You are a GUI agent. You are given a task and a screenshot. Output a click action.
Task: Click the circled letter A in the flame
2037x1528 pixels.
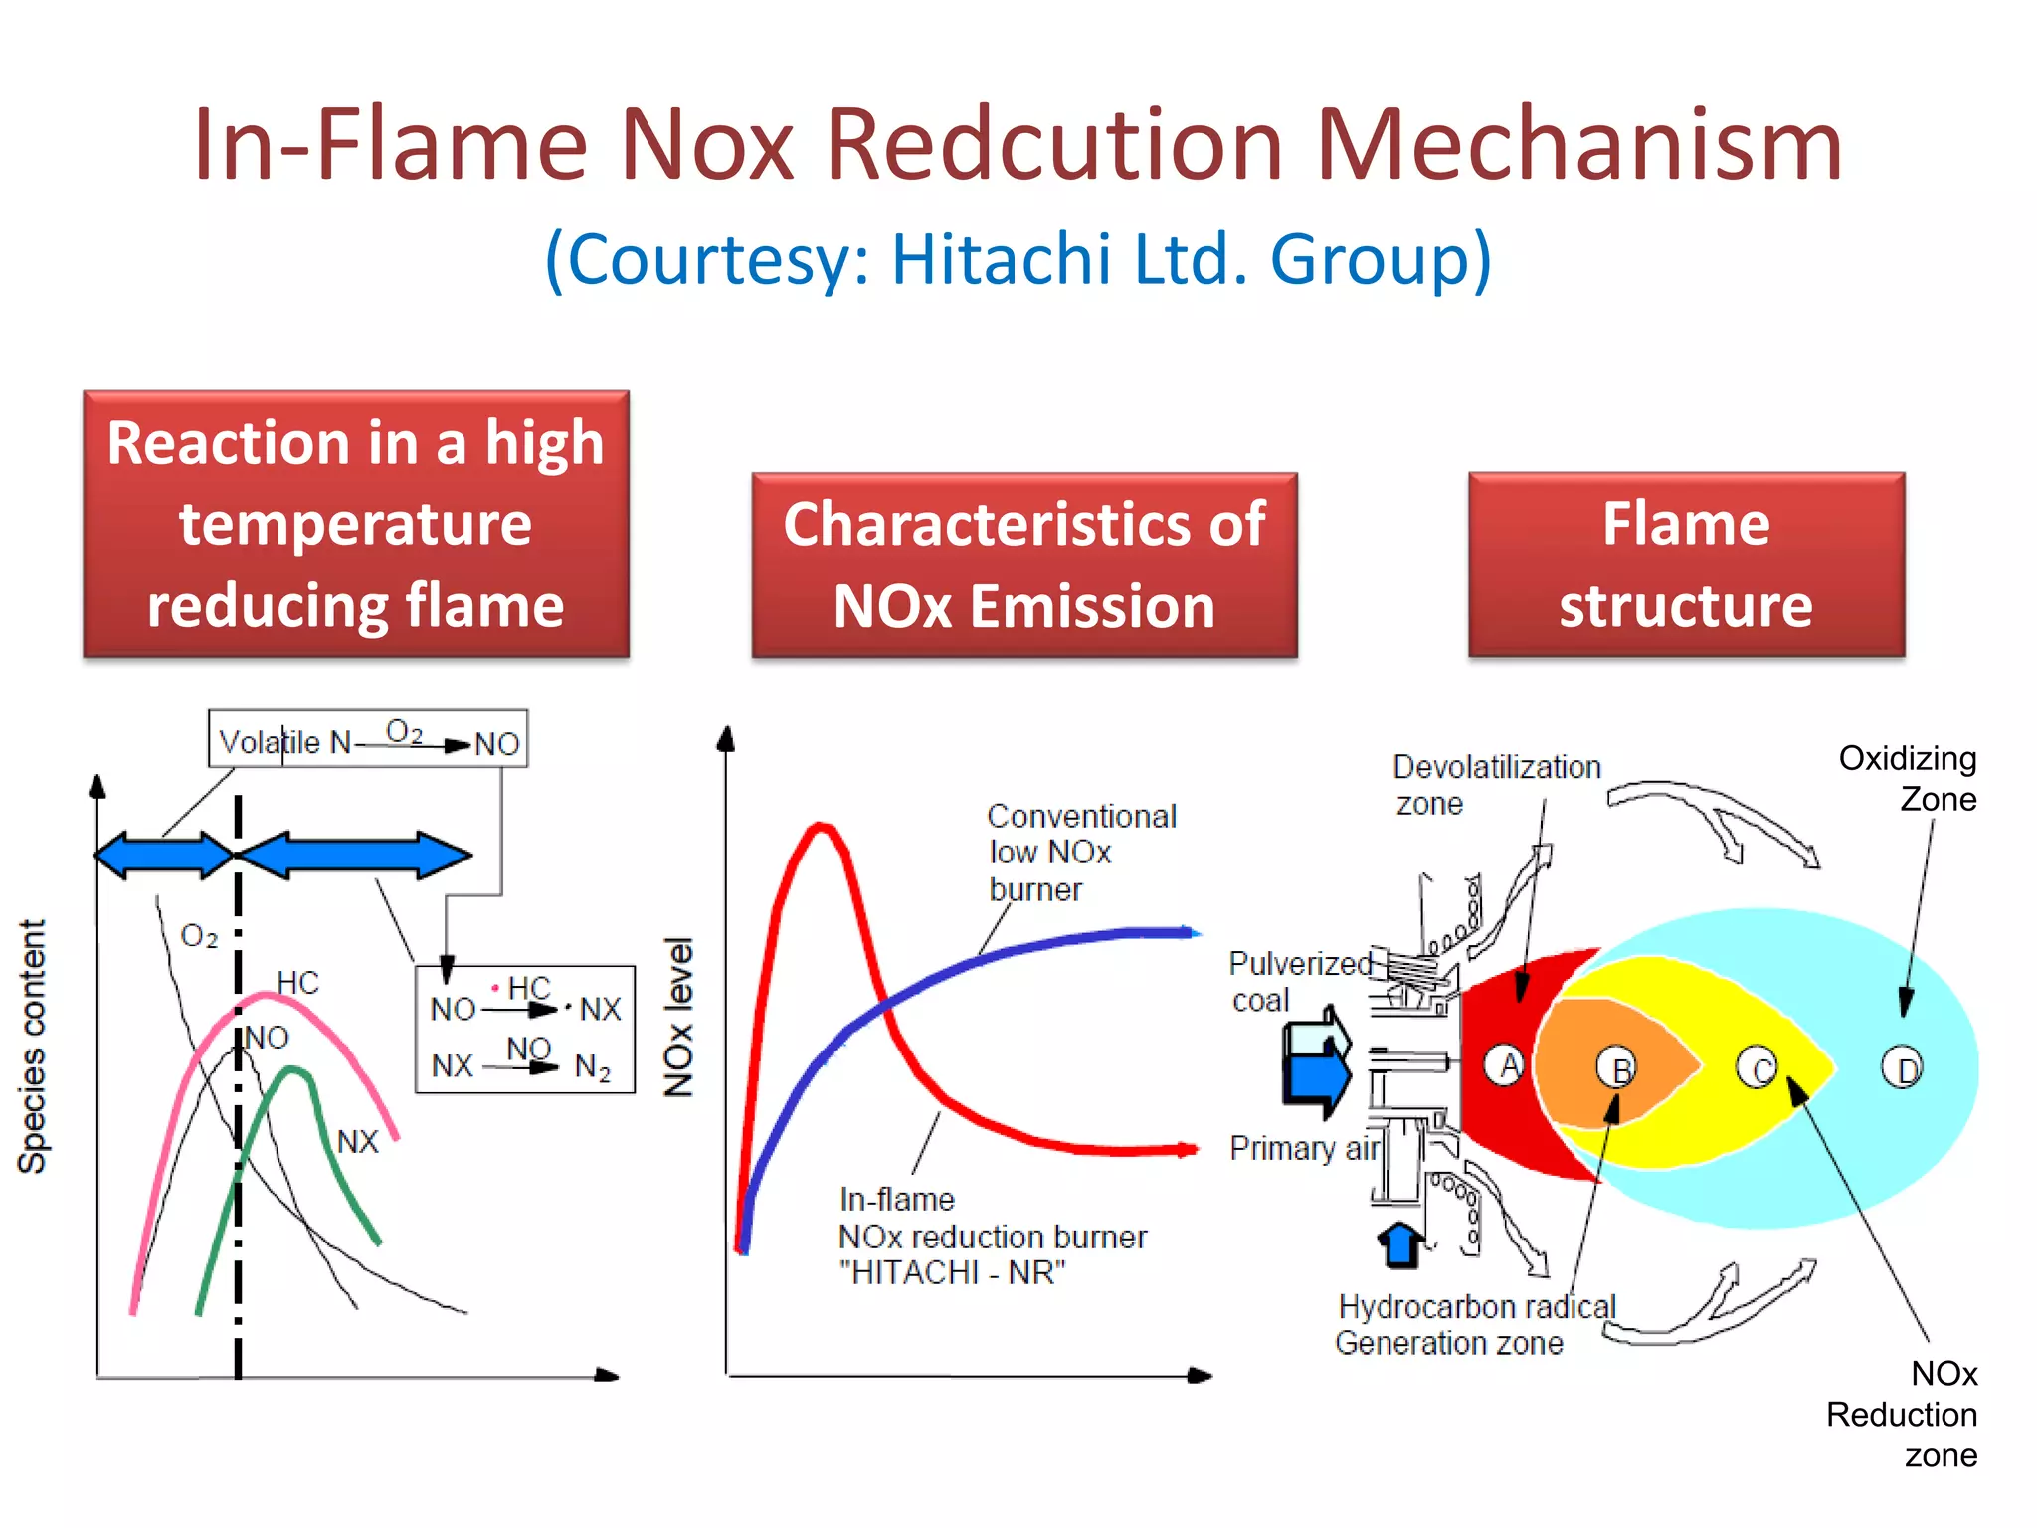pyautogui.click(x=1506, y=1064)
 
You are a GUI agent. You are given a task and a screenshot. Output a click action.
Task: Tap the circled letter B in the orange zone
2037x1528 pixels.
pyautogui.click(x=1618, y=1069)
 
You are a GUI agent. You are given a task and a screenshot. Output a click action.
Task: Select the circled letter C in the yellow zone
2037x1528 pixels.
pyautogui.click(x=1758, y=1069)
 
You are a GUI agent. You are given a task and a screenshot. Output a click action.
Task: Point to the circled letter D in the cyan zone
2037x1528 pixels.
pyautogui.click(x=1903, y=1069)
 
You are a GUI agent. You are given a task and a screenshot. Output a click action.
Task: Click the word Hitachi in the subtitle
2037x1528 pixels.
pyautogui.click(x=1001, y=259)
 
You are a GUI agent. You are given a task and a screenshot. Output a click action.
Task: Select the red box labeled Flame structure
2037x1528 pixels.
pyautogui.click(x=1686, y=564)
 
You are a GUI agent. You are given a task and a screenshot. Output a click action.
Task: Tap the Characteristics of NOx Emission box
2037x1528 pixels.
pyautogui.click(x=1024, y=564)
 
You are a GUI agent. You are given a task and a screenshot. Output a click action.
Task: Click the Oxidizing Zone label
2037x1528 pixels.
pyautogui.click(x=1908, y=778)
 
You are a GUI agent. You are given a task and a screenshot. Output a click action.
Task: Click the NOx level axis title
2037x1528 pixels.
pyautogui.click(x=679, y=1017)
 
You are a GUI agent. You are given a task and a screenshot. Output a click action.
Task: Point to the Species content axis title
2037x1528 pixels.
pyautogui.click(x=32, y=1046)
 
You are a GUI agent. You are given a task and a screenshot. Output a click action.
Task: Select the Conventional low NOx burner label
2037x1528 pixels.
pyautogui.click(x=1080, y=853)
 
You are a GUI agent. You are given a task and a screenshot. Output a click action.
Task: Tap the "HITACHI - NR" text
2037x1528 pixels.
pyautogui.click(x=952, y=1273)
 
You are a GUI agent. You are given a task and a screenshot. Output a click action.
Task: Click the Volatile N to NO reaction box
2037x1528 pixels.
pyautogui.click(x=367, y=739)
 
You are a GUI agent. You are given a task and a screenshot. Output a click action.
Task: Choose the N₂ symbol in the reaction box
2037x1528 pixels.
pyautogui.click(x=593, y=1067)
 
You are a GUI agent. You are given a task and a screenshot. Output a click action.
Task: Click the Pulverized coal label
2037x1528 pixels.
pyautogui.click(x=1298, y=981)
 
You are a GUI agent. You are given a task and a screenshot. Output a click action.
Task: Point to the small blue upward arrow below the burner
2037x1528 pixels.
pyautogui.click(x=1401, y=1243)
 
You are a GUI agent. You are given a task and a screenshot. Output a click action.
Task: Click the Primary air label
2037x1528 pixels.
pyautogui.click(x=1304, y=1148)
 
